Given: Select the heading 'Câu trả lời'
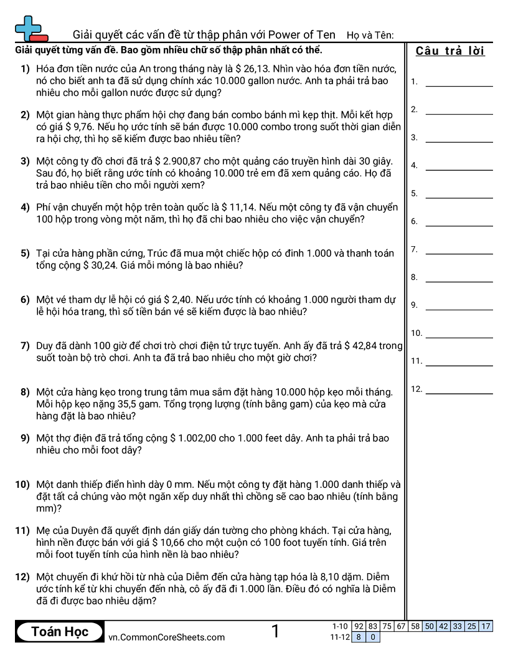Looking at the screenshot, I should click(450, 51).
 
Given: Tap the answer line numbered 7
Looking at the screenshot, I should click(459, 254).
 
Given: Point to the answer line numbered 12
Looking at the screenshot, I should click(459, 393).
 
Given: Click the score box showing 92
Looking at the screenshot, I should click(359, 626).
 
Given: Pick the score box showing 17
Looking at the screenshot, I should click(486, 626).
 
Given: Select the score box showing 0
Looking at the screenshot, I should click(372, 637).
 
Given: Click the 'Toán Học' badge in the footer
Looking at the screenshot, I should click(60, 632).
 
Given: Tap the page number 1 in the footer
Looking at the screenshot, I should click(275, 632).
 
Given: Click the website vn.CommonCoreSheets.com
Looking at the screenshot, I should click(166, 637).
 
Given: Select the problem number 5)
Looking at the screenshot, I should click(25, 253).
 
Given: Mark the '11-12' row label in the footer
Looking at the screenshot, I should click(340, 637).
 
